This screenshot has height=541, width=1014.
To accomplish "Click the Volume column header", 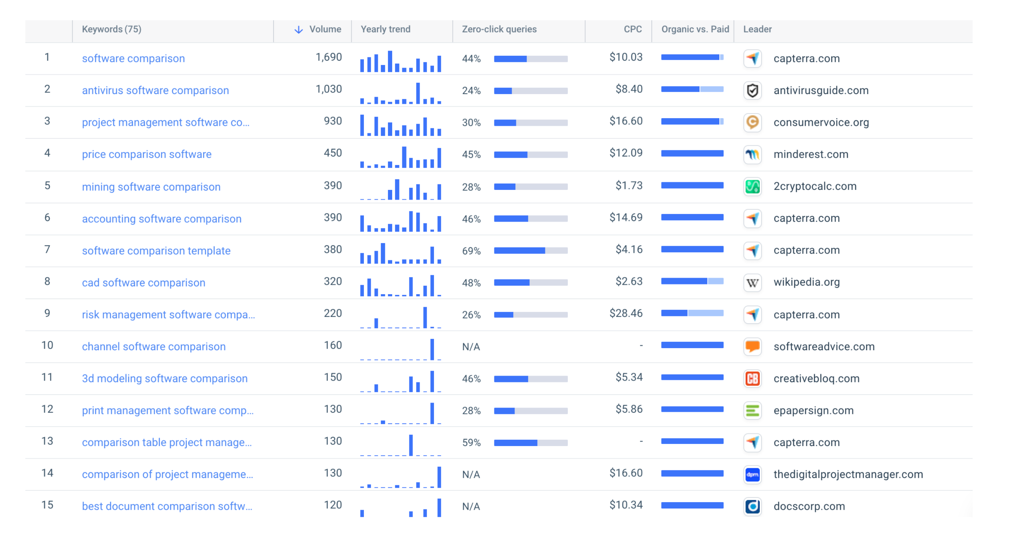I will pyautogui.click(x=325, y=30).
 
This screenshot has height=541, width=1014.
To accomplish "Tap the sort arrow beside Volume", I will pyautogui.click(x=298, y=30).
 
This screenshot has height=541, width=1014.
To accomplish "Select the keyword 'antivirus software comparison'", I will pyautogui.click(x=155, y=91).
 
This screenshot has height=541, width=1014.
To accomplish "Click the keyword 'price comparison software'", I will pyautogui.click(x=146, y=154).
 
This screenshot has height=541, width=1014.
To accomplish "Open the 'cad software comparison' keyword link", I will pyautogui.click(x=144, y=283).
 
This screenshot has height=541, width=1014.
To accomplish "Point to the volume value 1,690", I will pyautogui.click(x=328, y=57).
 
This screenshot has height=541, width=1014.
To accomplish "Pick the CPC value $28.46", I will pyautogui.click(x=626, y=314).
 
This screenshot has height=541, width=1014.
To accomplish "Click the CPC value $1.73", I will pyautogui.click(x=629, y=186).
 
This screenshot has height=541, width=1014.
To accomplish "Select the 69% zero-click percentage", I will pyautogui.click(x=471, y=251).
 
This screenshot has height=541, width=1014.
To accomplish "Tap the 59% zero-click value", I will pyautogui.click(x=471, y=443).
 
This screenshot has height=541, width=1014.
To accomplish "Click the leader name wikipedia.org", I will pyautogui.click(x=806, y=282).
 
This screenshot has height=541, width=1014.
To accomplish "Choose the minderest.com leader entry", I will pyautogui.click(x=811, y=154).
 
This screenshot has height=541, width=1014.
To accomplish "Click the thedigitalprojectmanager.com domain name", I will pyautogui.click(x=848, y=474).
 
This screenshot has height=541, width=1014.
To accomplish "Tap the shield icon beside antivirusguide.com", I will pyautogui.click(x=752, y=91).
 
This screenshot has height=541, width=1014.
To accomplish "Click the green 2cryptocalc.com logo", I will pyautogui.click(x=752, y=187).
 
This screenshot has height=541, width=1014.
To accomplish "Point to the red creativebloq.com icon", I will pyautogui.click(x=752, y=379).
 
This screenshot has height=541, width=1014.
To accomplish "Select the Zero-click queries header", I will pyautogui.click(x=499, y=30).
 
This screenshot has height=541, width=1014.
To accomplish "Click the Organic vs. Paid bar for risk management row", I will pyautogui.click(x=692, y=314).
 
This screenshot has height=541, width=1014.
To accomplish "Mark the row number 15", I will pyautogui.click(x=47, y=505).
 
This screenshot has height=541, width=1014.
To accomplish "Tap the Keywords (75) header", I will pyautogui.click(x=111, y=30).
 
